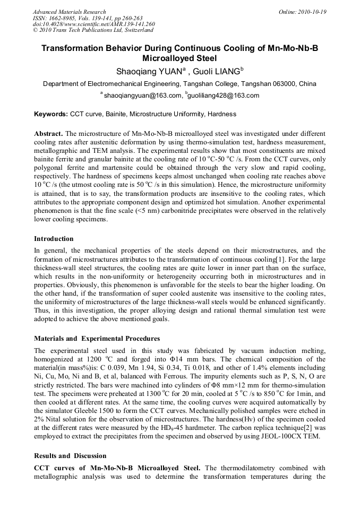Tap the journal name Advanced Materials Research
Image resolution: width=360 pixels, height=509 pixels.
tap(69, 12)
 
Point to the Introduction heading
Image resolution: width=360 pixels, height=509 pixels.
tap(54, 239)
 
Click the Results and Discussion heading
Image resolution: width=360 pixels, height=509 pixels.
tap(70, 456)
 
